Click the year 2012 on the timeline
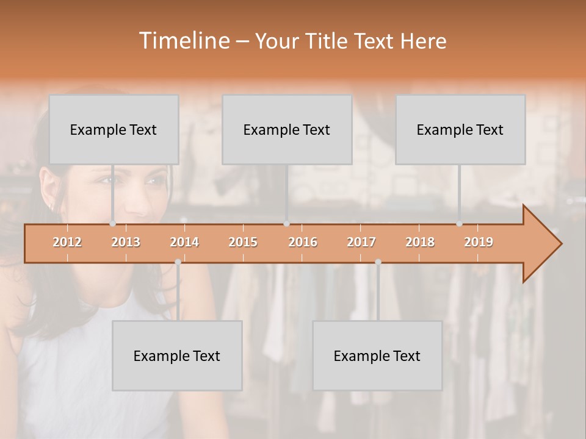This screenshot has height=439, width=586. coord(67,242)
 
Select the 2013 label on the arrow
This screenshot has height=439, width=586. coord(126,242)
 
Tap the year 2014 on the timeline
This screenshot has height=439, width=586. coord(184,242)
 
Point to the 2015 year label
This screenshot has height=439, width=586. coord(243,242)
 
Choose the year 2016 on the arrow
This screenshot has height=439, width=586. coord(303,242)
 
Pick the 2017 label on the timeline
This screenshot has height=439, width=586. coord(361,242)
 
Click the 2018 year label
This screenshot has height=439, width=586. coord(420,242)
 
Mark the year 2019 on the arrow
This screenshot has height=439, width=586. coord(479,242)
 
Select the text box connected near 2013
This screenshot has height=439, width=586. coord(114,130)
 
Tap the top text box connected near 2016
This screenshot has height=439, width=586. coord(287,130)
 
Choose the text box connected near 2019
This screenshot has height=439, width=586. coord(460,130)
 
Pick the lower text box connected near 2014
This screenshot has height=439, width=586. coord(177,356)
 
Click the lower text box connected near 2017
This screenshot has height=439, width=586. coord(377,356)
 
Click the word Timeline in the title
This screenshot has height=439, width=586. coord(183,41)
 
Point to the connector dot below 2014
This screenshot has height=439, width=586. coord(178,262)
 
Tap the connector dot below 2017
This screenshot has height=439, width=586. coord(378,262)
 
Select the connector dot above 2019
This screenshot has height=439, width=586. coord(460,223)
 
